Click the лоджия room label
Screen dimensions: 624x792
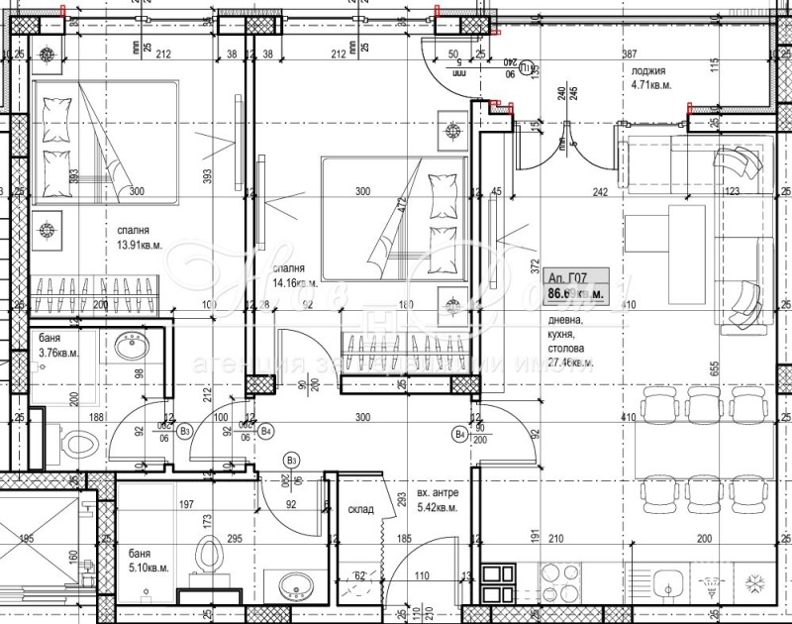pyautogui.click(x=649, y=72)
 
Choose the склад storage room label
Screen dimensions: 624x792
pyautogui.click(x=361, y=511)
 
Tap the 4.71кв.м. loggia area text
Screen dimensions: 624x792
pyautogui.click(x=653, y=86)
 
